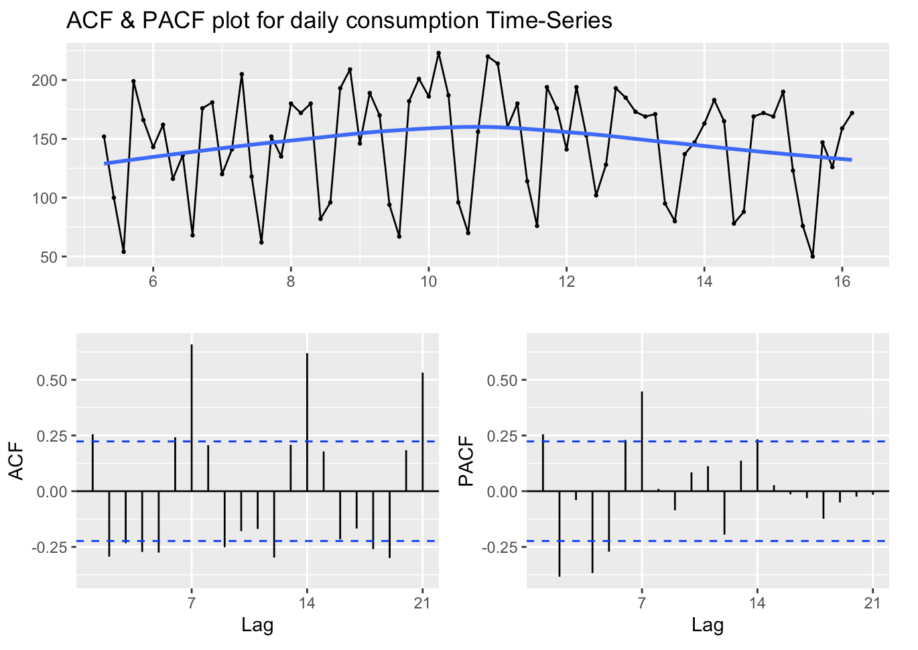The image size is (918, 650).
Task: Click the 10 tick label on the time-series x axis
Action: point(428,282)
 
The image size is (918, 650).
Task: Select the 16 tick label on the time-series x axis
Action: point(842,282)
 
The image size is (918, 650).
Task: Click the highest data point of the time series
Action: point(438,53)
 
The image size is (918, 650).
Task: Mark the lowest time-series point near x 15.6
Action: point(812,256)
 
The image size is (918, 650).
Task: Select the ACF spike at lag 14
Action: point(307,422)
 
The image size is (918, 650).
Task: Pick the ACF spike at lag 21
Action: point(422,432)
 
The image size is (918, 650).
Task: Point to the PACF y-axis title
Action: point(466,462)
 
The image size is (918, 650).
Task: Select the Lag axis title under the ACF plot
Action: point(257,626)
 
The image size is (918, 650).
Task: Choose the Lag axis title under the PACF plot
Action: point(708,626)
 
